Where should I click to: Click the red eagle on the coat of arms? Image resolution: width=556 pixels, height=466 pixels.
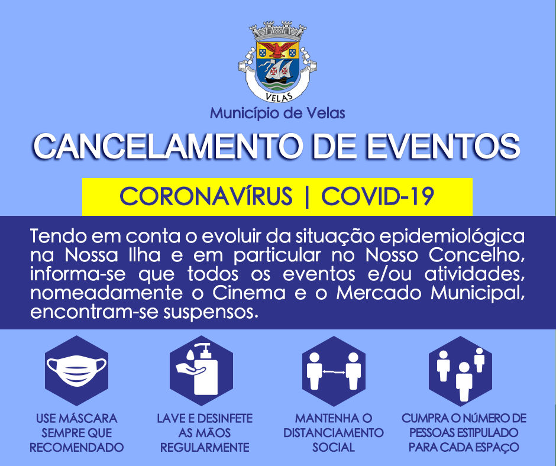pos(277,50)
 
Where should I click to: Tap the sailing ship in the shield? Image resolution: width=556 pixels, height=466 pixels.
pos(279,72)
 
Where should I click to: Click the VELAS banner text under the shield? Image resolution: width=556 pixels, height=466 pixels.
pos(279,96)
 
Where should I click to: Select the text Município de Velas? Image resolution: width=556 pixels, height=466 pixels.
pos(277,113)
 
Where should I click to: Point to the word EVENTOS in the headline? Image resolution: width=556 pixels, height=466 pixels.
pos(443,147)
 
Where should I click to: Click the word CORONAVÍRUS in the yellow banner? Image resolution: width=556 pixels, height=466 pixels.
pos(206,196)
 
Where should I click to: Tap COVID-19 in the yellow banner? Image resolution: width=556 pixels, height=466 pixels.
pos(377,196)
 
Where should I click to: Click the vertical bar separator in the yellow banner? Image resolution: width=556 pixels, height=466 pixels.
pos(307,196)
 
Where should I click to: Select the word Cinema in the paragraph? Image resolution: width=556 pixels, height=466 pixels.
pos(249,293)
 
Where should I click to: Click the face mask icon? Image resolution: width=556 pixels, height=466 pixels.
pos(76,370)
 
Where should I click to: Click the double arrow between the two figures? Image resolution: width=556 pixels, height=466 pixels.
pos(334,371)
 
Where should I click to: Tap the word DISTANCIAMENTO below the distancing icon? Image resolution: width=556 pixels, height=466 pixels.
pos(334,433)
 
